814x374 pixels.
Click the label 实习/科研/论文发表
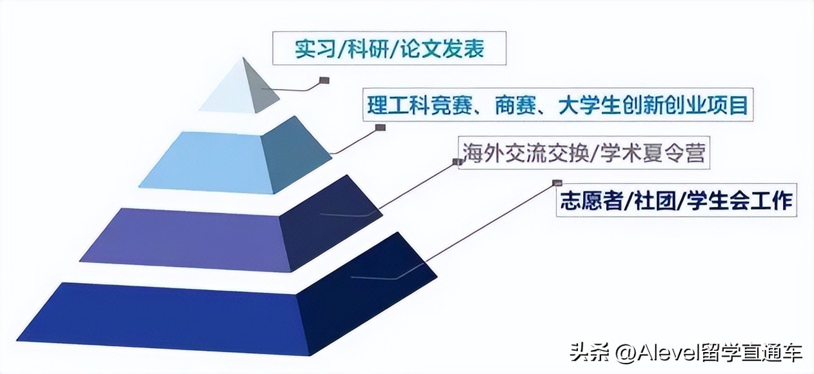click(389, 50)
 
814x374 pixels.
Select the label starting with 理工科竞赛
click(557, 104)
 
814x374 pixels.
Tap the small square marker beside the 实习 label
click(324, 81)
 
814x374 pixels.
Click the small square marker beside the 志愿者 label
click(557, 183)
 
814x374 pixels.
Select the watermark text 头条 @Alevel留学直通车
click(686, 353)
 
